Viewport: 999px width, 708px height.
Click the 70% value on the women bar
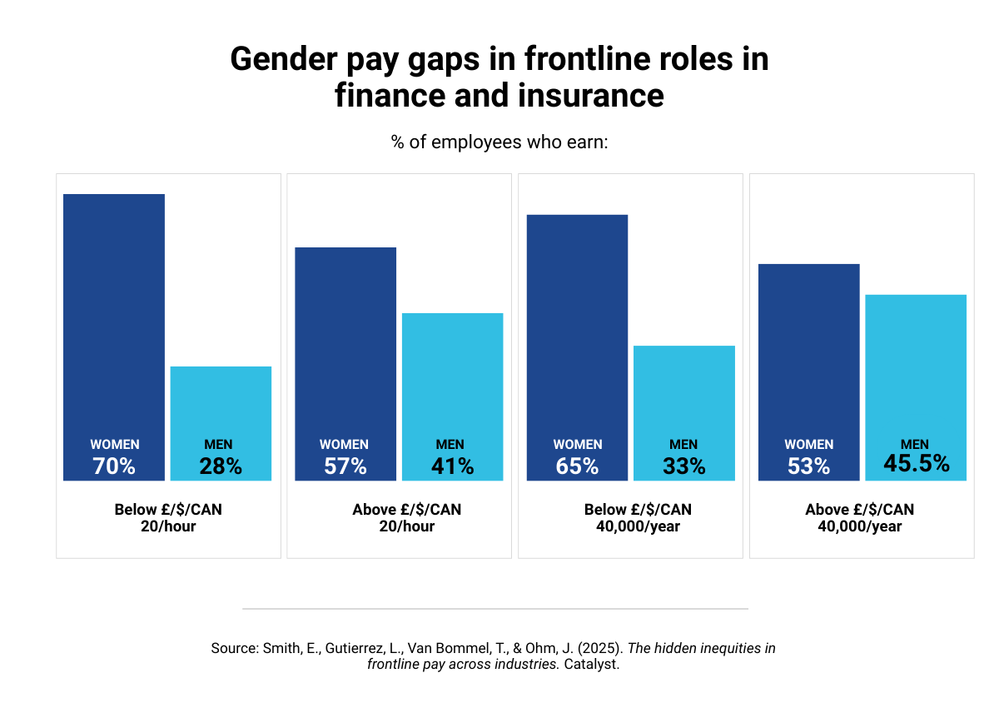(x=114, y=466)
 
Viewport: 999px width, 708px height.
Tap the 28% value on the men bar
(x=221, y=466)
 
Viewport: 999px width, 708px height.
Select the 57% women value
(x=345, y=466)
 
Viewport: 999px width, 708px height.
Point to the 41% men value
(x=452, y=466)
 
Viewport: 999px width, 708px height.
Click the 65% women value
(x=577, y=466)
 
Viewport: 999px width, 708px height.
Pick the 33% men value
(x=684, y=466)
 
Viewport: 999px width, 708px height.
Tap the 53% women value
(x=808, y=466)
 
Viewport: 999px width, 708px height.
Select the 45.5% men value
(x=916, y=463)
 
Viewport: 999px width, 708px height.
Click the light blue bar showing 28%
(x=221, y=400)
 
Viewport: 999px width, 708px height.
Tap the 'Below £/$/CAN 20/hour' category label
(x=168, y=517)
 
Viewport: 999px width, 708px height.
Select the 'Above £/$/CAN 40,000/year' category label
(x=861, y=517)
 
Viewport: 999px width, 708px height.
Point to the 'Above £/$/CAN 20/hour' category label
(x=406, y=517)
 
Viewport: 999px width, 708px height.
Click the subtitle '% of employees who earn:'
(x=499, y=142)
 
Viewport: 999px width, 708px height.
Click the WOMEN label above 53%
(x=808, y=445)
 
